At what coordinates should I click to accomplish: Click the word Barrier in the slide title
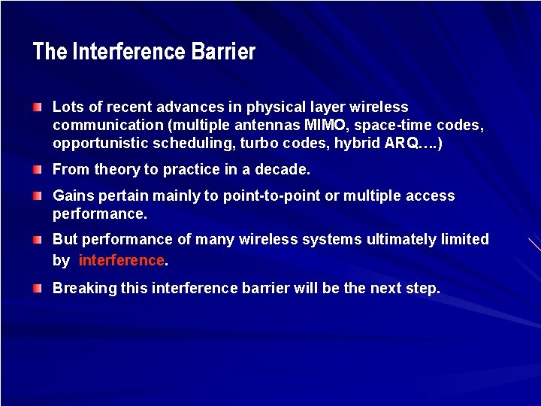223,52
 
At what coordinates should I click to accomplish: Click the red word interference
121,261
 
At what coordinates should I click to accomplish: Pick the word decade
284,170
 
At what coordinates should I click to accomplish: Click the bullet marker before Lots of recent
38,108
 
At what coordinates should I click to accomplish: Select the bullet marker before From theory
38,170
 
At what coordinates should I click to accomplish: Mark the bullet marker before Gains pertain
38,196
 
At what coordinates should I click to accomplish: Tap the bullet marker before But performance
38,240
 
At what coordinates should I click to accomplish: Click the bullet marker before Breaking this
38,289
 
